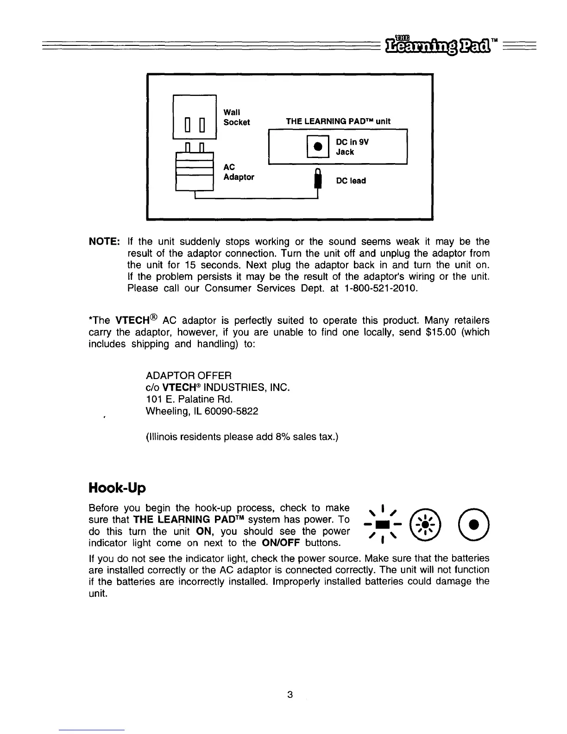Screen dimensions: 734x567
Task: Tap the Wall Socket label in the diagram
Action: pos(236,117)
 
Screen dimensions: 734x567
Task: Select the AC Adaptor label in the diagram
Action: pos(239,172)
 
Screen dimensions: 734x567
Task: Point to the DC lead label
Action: pos(351,181)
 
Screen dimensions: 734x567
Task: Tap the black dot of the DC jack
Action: pos(318,146)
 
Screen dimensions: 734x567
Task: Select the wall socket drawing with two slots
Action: pos(195,117)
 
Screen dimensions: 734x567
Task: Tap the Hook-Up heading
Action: pos(117,488)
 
